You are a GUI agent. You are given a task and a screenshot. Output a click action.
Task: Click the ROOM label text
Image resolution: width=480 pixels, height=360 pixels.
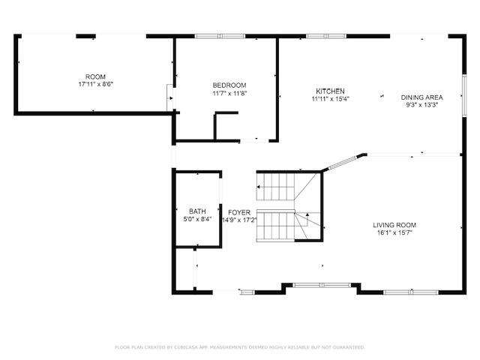click(x=95, y=77)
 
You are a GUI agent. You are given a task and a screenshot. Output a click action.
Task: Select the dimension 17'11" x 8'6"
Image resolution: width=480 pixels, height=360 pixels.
click(x=95, y=85)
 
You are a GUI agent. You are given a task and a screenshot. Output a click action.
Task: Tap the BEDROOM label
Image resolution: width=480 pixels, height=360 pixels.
click(x=229, y=85)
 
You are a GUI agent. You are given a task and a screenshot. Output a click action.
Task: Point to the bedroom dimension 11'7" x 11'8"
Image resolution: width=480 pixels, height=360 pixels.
click(x=229, y=94)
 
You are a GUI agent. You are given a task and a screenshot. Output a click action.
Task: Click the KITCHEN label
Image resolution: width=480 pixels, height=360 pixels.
click(x=330, y=90)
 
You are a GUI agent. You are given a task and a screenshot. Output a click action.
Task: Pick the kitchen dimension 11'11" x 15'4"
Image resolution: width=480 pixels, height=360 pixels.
click(x=330, y=98)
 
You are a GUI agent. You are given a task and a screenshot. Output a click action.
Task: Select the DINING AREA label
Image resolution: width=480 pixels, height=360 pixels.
click(x=421, y=97)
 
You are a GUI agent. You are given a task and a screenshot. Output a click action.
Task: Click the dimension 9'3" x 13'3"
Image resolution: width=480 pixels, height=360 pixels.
click(x=421, y=105)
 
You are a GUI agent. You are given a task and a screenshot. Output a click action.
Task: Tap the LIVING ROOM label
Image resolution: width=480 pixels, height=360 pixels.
click(x=394, y=225)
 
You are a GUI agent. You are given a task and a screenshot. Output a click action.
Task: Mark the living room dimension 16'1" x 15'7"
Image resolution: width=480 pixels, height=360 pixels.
click(x=394, y=233)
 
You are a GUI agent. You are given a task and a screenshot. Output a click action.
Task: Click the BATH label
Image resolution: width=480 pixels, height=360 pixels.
click(x=197, y=211)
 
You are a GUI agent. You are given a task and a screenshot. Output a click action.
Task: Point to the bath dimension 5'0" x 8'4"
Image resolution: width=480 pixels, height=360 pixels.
click(x=197, y=220)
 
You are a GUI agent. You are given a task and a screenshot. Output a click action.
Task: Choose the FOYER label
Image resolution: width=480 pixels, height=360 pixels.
click(x=239, y=212)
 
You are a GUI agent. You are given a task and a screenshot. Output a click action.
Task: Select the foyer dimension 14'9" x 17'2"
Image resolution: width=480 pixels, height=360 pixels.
click(x=239, y=220)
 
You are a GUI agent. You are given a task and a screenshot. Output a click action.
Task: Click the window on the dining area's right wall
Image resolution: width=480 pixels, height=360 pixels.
click(x=464, y=94)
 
